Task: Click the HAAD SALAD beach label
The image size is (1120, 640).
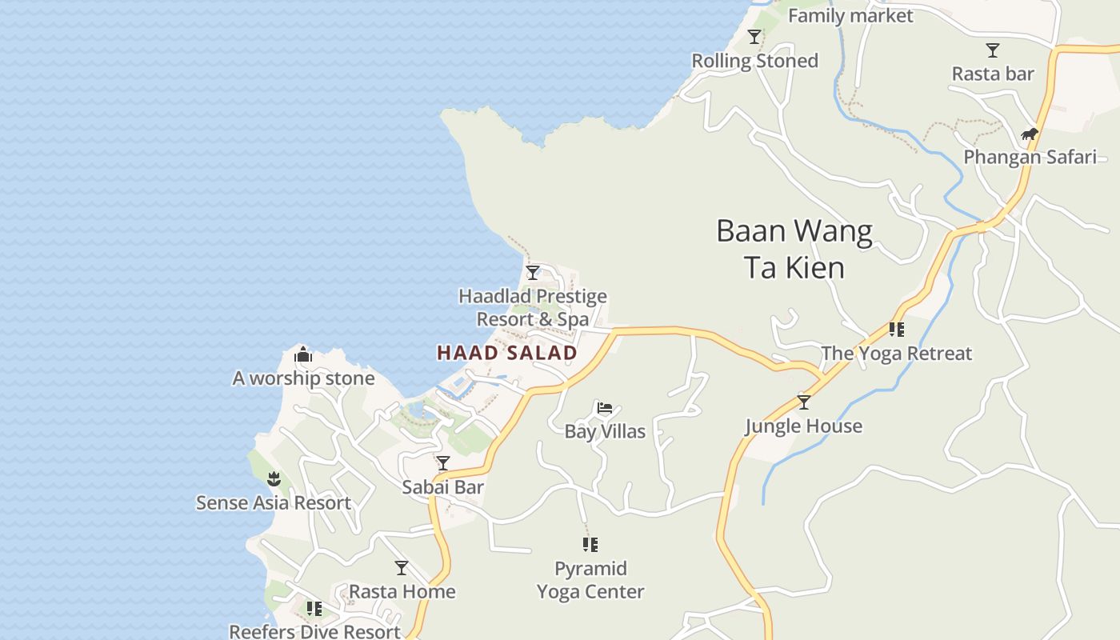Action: (507, 353)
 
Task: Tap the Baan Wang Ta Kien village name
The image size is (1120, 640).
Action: (794, 249)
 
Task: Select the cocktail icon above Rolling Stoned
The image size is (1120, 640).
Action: (754, 37)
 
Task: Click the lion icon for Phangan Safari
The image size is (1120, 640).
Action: (1030, 134)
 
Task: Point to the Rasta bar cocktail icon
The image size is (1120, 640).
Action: (993, 50)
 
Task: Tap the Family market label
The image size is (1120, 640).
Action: (850, 16)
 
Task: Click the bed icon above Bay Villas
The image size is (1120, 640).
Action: (605, 409)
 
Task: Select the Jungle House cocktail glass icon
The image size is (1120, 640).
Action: (804, 402)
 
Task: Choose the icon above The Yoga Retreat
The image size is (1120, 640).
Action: (897, 330)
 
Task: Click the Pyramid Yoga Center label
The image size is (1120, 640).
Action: (590, 580)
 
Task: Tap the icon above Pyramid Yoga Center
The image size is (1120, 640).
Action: (590, 546)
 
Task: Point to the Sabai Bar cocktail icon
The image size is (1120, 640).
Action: (443, 463)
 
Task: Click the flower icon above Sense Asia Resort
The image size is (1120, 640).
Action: (274, 479)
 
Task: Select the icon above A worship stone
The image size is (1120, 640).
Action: (303, 354)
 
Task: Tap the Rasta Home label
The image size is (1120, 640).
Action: (402, 591)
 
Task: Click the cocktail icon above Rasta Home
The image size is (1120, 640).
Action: (402, 568)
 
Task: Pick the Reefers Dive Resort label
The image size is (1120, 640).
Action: (314, 631)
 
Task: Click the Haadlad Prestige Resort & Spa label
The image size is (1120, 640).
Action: (533, 308)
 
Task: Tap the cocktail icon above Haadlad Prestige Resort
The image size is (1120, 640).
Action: (533, 273)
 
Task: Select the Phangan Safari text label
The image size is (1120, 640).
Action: (1030, 157)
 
